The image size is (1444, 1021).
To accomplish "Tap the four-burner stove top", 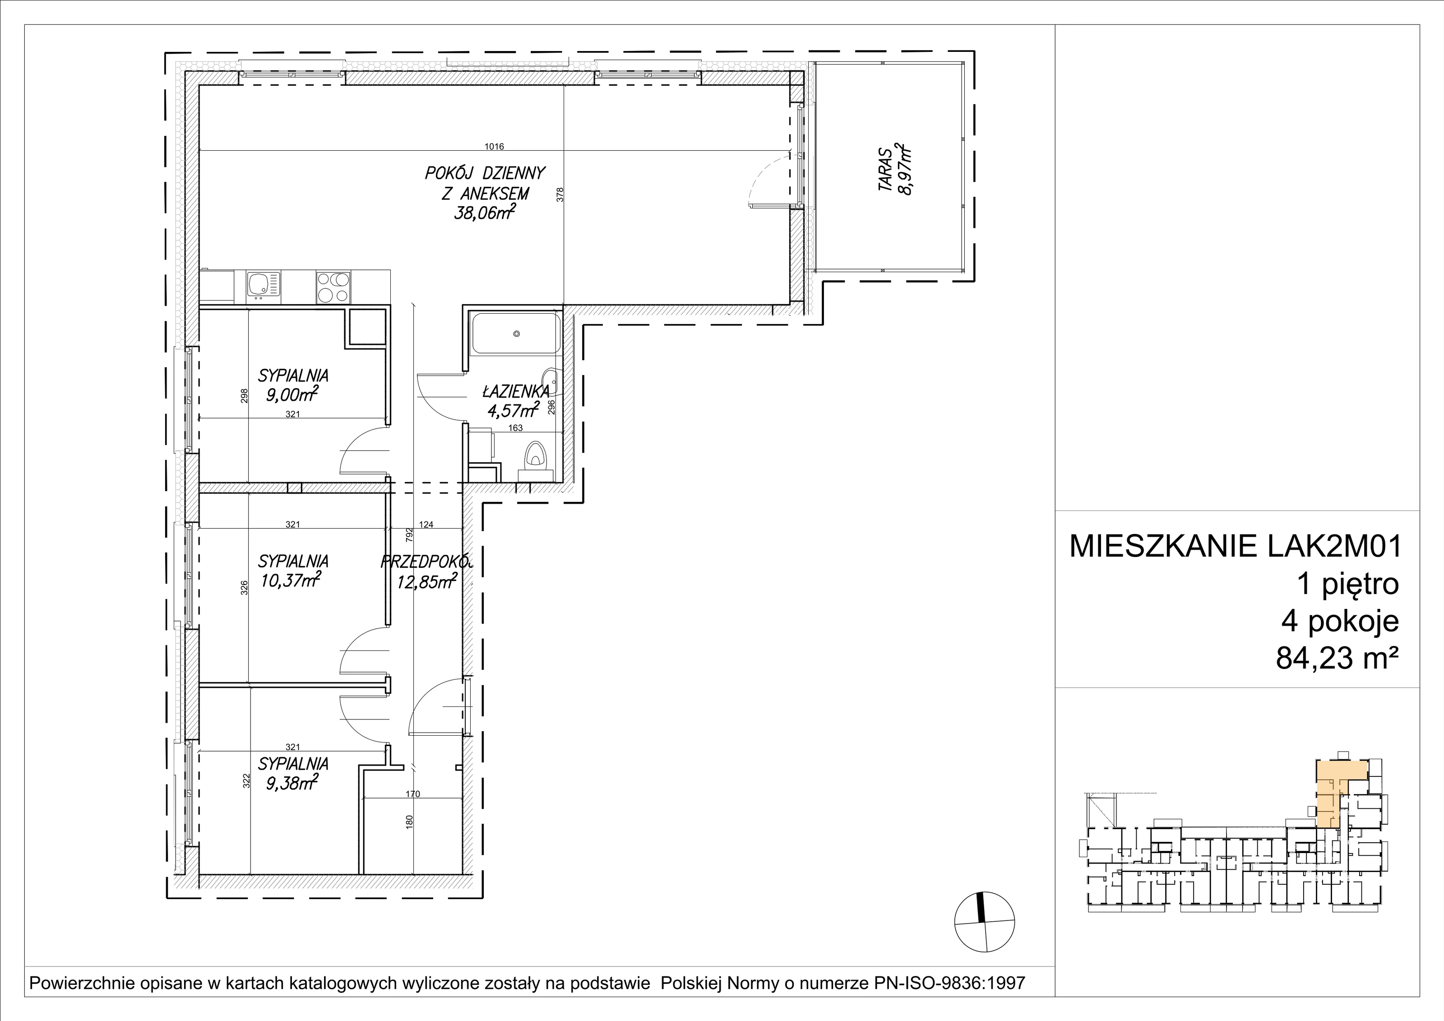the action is click(333, 288).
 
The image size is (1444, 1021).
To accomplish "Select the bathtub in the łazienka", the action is click(516, 334).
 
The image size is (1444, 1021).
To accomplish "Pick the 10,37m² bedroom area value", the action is click(291, 580).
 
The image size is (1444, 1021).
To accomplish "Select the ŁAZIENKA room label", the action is click(516, 391).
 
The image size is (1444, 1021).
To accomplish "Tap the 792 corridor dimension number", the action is click(409, 535).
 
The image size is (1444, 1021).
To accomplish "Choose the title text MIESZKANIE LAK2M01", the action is click(1236, 547).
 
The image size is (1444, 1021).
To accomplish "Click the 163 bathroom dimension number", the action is click(515, 428).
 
